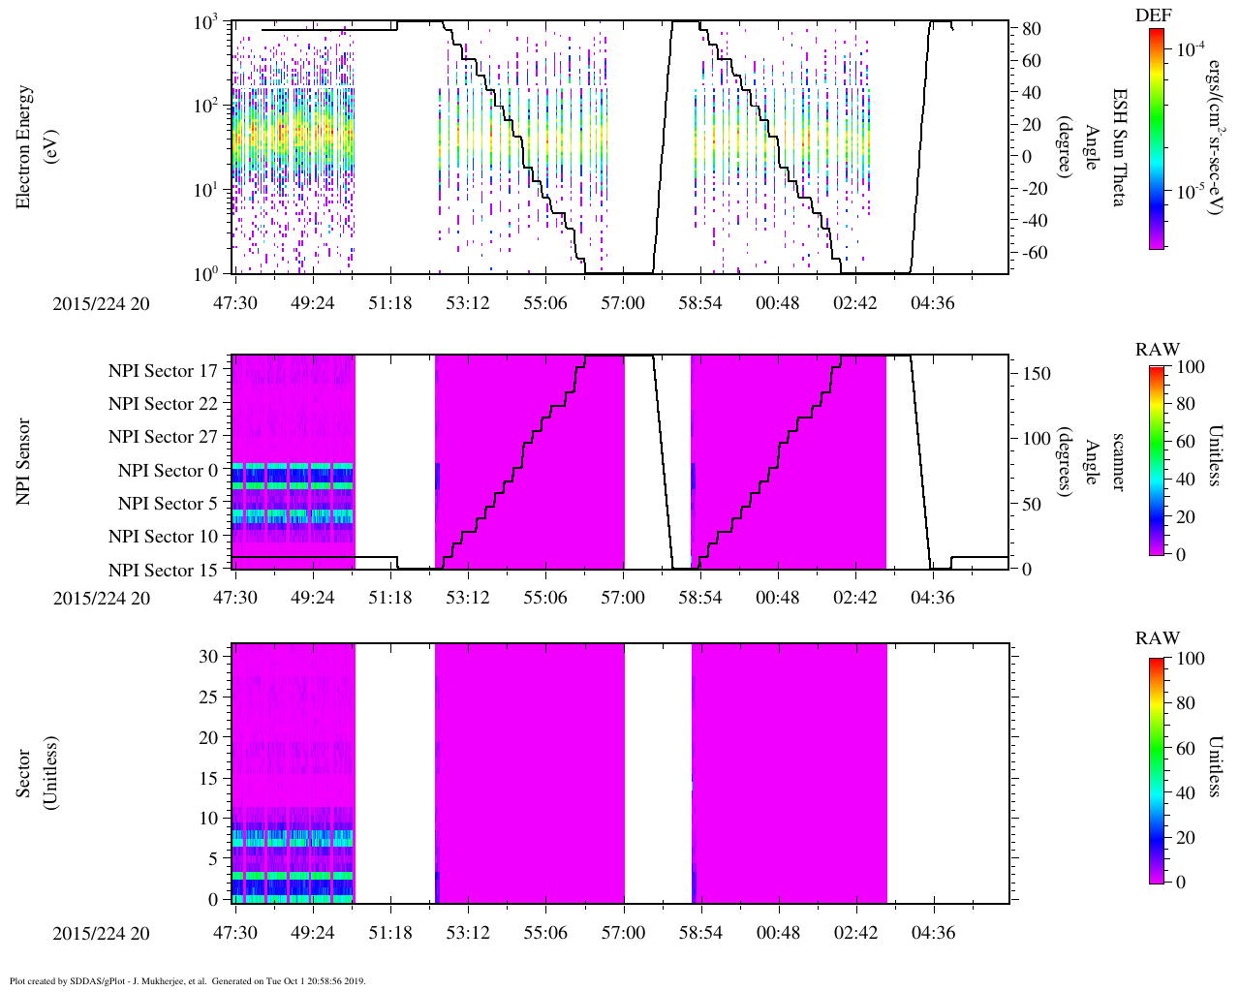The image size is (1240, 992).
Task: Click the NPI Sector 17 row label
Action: (163, 370)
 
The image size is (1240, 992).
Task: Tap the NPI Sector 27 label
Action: (163, 437)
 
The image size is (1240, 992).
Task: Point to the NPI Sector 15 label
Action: (163, 570)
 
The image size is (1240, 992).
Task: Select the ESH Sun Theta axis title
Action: (1119, 147)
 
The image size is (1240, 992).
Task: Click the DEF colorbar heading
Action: (1153, 15)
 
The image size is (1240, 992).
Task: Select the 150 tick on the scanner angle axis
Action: (1037, 374)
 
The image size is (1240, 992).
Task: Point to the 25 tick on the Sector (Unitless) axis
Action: (207, 697)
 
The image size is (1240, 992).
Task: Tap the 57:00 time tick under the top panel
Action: (622, 302)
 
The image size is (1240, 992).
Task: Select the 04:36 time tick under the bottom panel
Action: (932, 933)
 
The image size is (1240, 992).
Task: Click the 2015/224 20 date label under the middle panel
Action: (101, 598)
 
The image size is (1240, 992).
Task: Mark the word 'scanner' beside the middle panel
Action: (1119, 461)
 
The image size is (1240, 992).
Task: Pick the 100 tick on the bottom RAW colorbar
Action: (1190, 659)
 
